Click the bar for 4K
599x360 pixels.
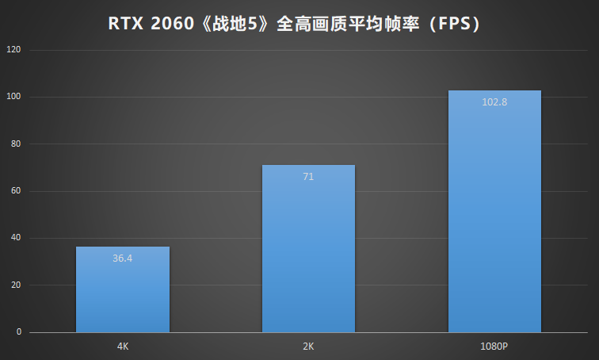(x=123, y=289)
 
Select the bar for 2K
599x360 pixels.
(x=308, y=249)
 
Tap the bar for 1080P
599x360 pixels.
(x=494, y=212)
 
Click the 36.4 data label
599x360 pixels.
(x=123, y=258)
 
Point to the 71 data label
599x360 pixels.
(x=308, y=176)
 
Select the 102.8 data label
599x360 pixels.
(x=494, y=101)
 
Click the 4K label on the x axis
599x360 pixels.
(x=123, y=347)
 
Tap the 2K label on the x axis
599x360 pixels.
(x=308, y=347)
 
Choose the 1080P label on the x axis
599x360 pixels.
(x=494, y=347)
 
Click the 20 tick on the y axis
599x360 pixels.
(x=17, y=285)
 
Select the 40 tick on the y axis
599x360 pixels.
(x=17, y=238)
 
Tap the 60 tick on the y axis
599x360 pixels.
(x=17, y=191)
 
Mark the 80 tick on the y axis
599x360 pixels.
(x=17, y=144)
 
